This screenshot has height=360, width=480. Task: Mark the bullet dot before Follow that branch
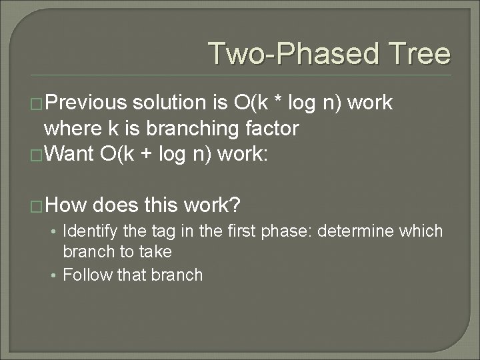54,275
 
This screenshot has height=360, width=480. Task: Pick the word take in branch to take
156,252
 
